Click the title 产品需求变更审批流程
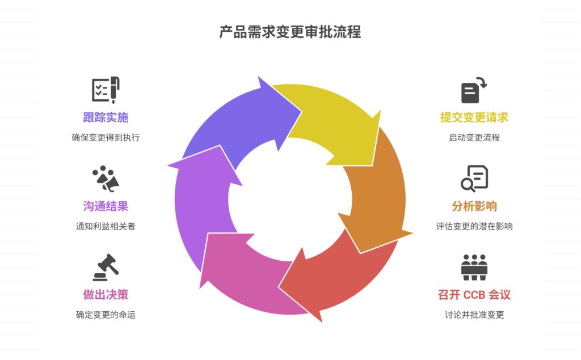coord(290,32)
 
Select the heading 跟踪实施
coord(106,117)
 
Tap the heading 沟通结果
coord(106,206)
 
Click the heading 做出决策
coord(106,294)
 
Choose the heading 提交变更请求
coord(474,117)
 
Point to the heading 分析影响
coord(474,206)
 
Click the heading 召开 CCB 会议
coord(474,294)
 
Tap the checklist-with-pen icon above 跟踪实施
coord(106,90)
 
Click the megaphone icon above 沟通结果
coord(106,179)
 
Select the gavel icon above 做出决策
coord(106,267)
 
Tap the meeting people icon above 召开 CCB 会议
coord(474,267)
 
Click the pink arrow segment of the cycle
coord(244,278)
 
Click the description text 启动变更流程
coord(474,137)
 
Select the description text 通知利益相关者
coord(106,226)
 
